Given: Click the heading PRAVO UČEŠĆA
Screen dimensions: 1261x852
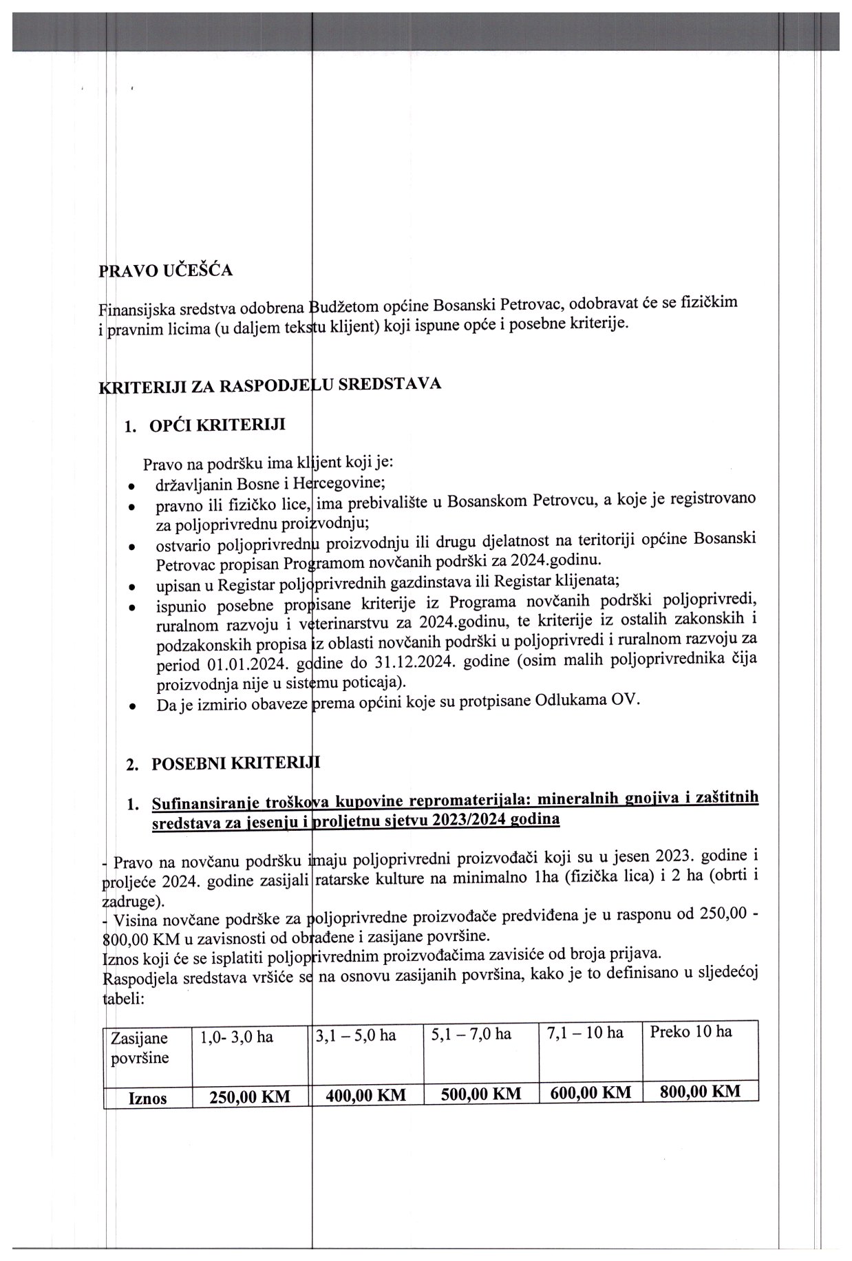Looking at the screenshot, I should pos(166,271).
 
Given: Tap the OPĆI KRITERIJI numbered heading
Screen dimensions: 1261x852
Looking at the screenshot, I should pos(217,425).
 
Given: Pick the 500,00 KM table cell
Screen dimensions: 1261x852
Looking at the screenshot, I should pos(481,1094).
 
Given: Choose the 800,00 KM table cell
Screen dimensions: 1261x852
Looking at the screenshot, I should pos(700,1091).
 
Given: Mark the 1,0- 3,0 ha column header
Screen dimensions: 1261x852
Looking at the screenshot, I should pos(237,1037).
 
